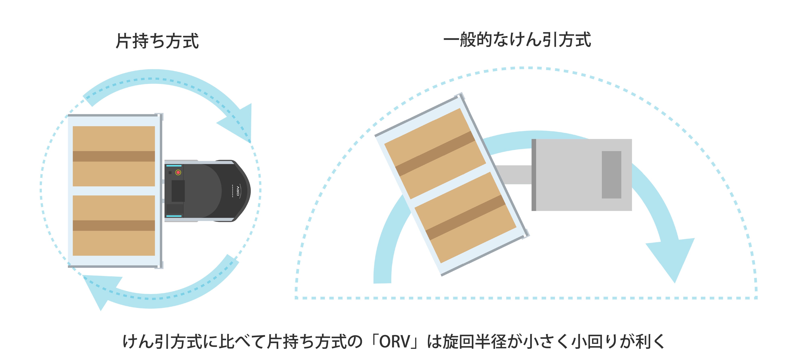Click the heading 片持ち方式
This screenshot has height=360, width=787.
click(x=157, y=41)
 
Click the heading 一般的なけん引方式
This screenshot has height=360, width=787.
click(x=517, y=40)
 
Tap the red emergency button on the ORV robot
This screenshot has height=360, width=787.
click(x=178, y=172)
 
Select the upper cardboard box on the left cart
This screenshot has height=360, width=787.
click(x=114, y=156)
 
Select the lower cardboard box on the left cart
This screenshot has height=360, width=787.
click(x=114, y=226)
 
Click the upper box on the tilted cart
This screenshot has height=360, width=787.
click(x=435, y=154)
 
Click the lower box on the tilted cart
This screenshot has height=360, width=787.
click(x=465, y=217)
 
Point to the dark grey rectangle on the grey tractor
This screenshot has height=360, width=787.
click(x=611, y=175)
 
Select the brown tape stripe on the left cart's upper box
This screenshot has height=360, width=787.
click(x=114, y=156)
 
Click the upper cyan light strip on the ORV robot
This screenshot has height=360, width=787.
click(x=174, y=166)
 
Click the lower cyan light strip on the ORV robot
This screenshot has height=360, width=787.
click(x=174, y=216)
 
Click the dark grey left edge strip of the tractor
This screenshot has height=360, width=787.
click(x=534, y=175)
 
